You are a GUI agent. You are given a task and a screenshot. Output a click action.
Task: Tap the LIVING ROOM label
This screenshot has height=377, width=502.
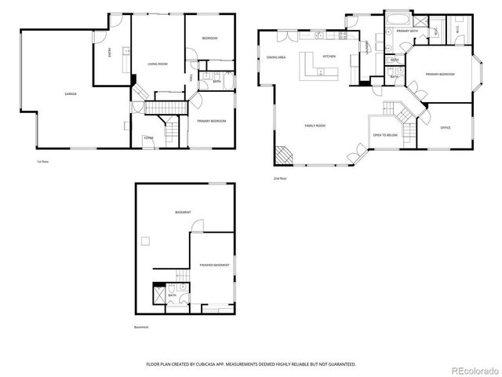pyautogui.click(x=158, y=64)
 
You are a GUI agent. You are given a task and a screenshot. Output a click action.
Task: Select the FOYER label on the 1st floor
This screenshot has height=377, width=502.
pyautogui.click(x=147, y=138)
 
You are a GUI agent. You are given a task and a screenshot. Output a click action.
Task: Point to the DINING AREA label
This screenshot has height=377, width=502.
pyautogui.click(x=275, y=57)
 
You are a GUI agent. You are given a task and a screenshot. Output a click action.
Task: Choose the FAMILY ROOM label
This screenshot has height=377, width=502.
pyautogui.click(x=315, y=126)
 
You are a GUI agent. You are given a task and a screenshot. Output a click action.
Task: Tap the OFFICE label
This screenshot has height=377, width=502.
pyautogui.click(x=445, y=127)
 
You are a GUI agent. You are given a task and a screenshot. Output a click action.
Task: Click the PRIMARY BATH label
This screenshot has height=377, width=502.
pyautogui.click(x=406, y=31)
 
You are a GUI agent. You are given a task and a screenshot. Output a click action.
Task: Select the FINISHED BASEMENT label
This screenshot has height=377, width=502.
pyautogui.click(x=214, y=265)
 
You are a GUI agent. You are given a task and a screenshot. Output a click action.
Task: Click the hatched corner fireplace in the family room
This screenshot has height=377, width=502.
pyautogui.click(x=282, y=156)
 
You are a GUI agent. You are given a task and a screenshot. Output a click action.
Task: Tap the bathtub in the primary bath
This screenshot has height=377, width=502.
pyautogui.click(x=393, y=17)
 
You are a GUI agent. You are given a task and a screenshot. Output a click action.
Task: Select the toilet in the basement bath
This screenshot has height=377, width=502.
pyautogui.click(x=182, y=287)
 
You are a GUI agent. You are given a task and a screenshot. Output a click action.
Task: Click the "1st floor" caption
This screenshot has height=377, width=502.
pyautogui.click(x=44, y=162)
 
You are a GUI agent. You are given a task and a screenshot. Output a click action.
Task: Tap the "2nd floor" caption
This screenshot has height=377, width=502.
pyautogui.click(x=278, y=178)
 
